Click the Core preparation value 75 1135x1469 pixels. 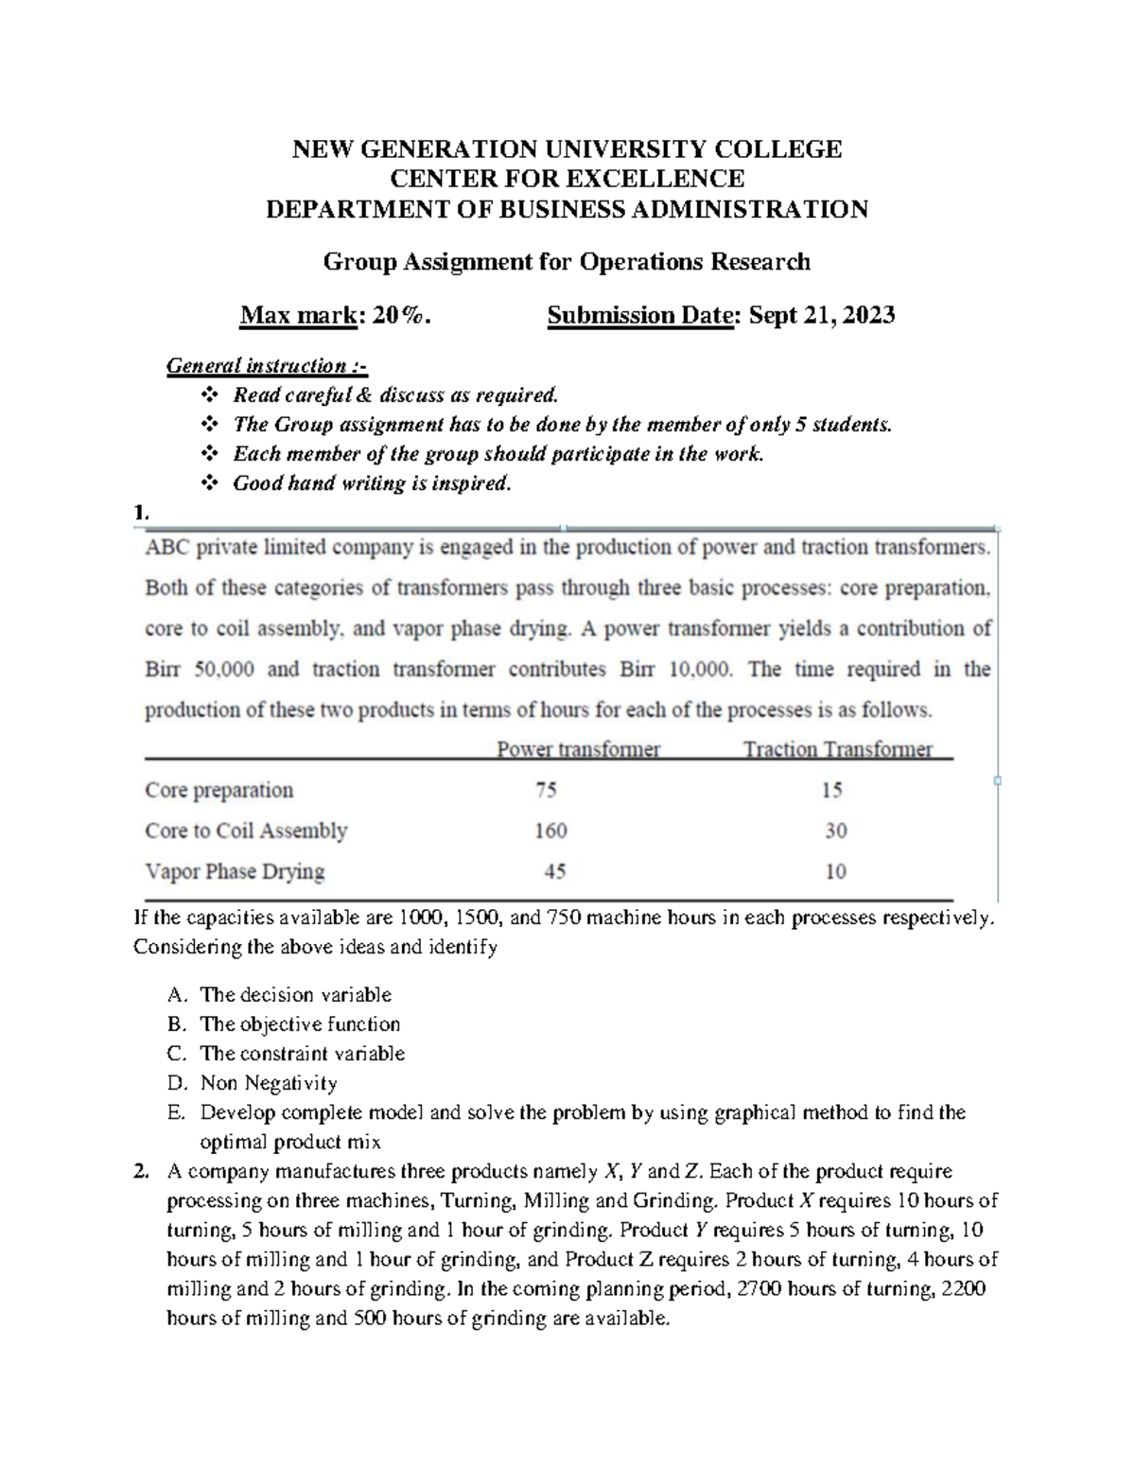click(x=546, y=790)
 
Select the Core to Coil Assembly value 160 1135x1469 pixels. click(x=550, y=831)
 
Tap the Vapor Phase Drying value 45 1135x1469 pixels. click(x=554, y=871)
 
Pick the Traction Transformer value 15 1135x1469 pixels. click(x=832, y=790)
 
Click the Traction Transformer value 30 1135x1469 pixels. click(x=835, y=831)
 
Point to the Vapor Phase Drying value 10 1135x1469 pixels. click(x=835, y=871)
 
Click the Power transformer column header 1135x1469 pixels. click(x=578, y=749)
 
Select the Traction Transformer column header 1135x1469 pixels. click(x=837, y=749)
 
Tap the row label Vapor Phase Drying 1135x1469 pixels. click(x=235, y=871)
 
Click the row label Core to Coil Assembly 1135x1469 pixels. click(x=246, y=831)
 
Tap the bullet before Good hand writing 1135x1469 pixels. click(x=210, y=484)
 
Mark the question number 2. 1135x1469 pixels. click(x=141, y=1172)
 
